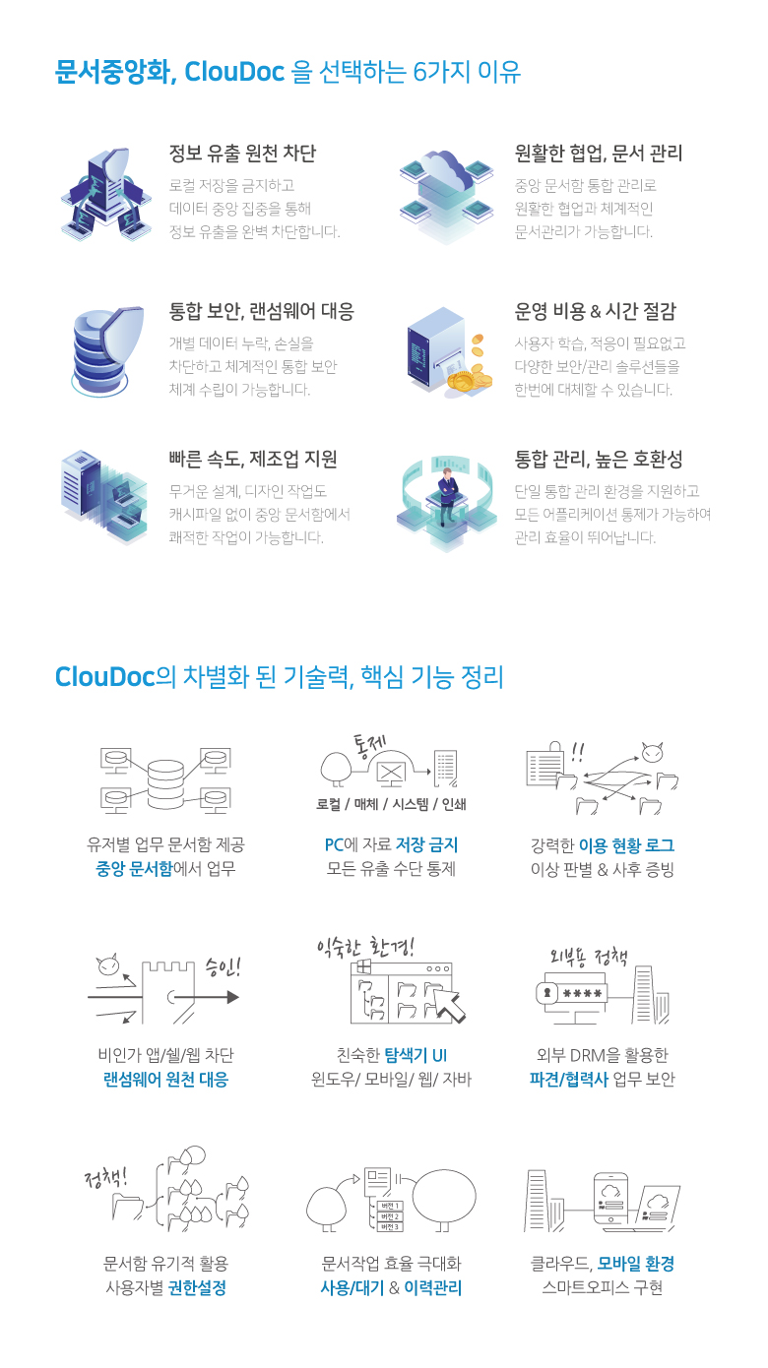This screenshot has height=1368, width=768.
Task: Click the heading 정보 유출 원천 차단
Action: tap(242, 154)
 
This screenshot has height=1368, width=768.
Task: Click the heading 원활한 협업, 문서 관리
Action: tap(598, 154)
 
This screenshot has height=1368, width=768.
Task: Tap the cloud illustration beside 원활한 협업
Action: tap(445, 173)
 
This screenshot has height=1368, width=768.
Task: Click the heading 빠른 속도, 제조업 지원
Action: tap(253, 459)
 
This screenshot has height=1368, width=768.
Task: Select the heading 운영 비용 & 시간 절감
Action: tap(596, 312)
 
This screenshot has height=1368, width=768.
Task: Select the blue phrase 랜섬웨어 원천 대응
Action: tap(165, 1080)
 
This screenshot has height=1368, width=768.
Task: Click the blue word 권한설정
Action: tap(197, 1288)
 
